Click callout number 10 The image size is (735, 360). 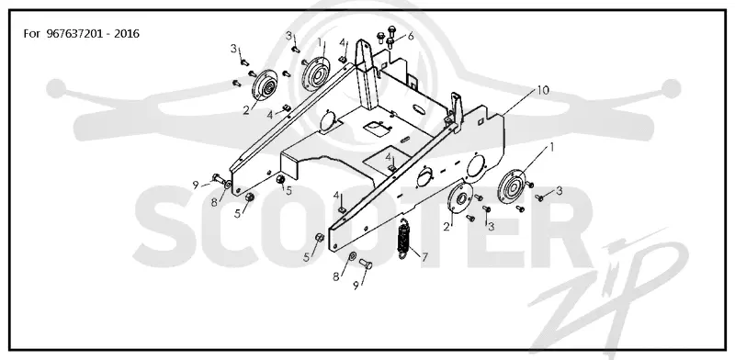542,90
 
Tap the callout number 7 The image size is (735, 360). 424,257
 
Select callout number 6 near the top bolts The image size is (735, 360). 411,36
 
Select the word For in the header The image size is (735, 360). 31,34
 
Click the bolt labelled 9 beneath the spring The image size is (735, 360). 366,264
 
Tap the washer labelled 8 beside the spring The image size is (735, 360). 352,256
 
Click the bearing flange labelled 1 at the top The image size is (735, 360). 317,73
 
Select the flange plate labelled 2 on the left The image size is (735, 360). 266,85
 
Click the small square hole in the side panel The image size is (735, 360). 481,123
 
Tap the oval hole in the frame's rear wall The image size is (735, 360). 420,109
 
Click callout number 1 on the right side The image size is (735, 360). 552,147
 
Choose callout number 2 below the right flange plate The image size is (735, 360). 447,227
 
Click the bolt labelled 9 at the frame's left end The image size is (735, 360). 219,178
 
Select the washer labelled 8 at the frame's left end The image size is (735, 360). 227,186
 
